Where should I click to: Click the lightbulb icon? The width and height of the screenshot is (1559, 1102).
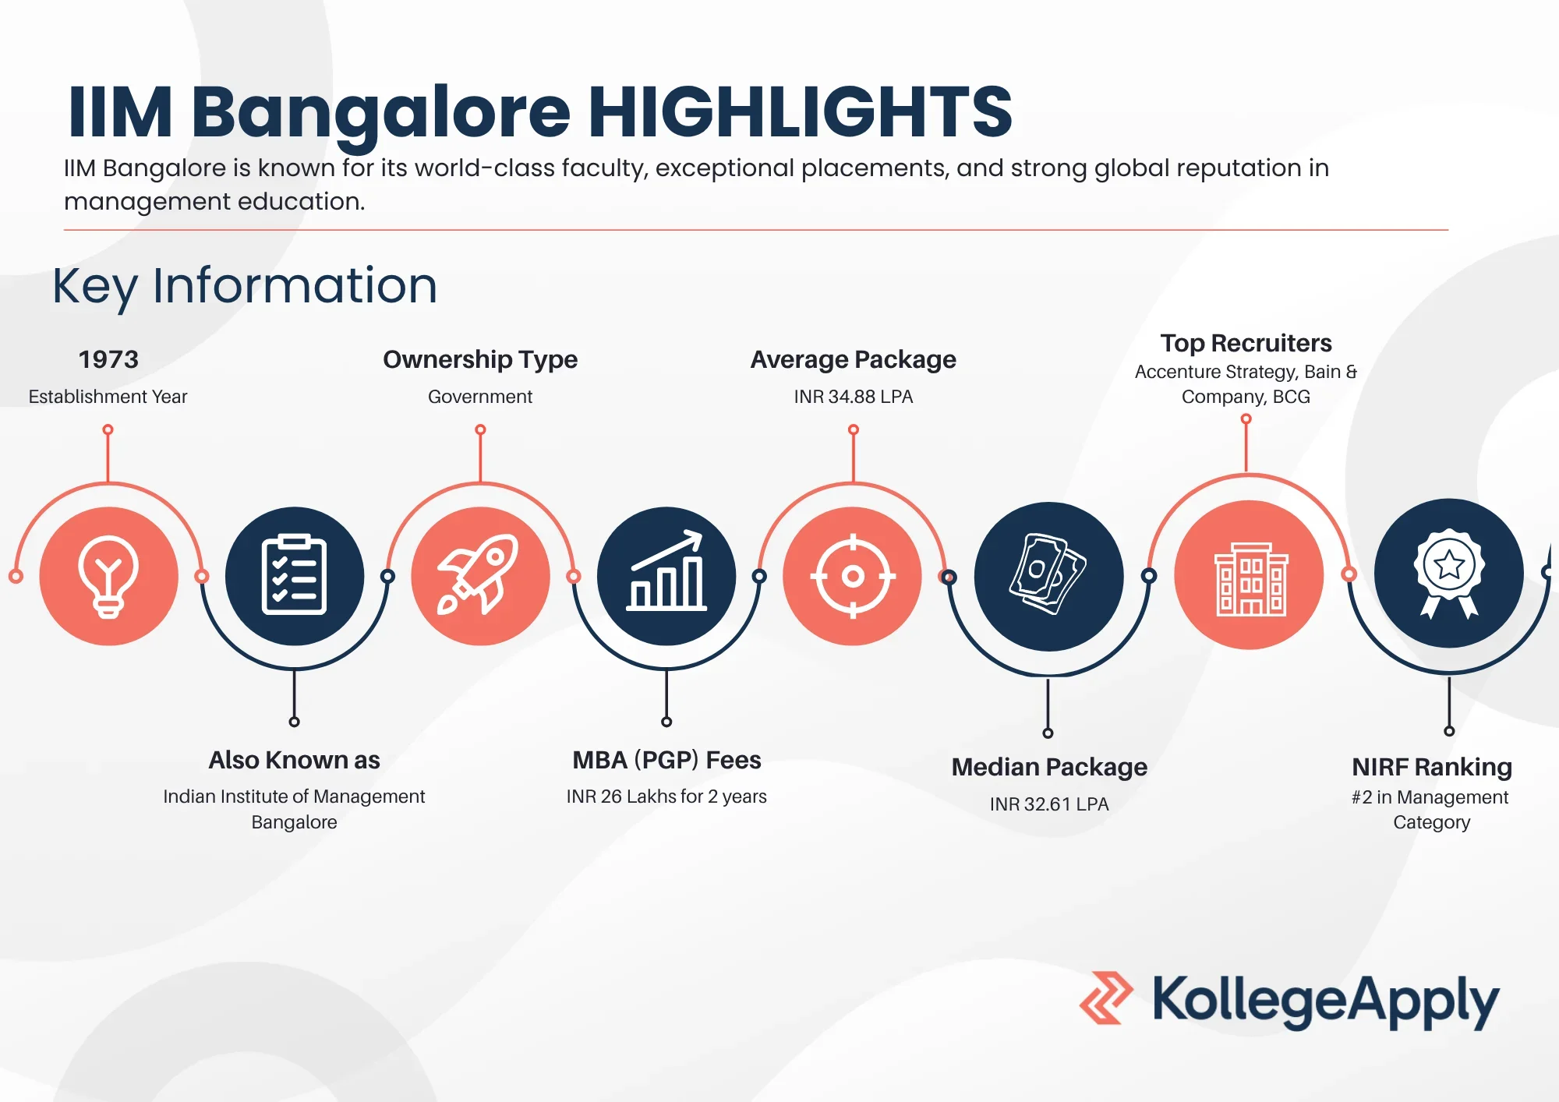pyautogui.click(x=108, y=576)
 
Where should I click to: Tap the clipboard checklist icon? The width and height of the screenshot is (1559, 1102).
pyautogui.click(x=294, y=575)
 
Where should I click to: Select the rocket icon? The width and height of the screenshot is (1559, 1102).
pyautogui.click(x=479, y=575)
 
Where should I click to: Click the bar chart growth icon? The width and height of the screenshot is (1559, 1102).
pyautogui.click(x=666, y=575)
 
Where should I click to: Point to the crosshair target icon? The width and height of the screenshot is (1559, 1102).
pyautogui.click(x=853, y=576)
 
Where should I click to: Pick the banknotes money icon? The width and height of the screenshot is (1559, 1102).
pyautogui.click(x=1048, y=575)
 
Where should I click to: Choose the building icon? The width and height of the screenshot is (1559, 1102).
pyautogui.click(x=1250, y=576)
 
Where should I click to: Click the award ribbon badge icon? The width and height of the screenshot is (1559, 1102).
pyautogui.click(x=1448, y=573)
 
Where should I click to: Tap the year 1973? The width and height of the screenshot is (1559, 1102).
pyautogui.click(x=108, y=359)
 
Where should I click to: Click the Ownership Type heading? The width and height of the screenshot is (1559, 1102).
pyautogui.click(x=480, y=359)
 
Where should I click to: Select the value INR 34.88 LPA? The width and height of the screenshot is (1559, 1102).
pyautogui.click(x=853, y=397)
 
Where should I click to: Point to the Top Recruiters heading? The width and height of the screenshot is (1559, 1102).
pyautogui.click(x=1246, y=343)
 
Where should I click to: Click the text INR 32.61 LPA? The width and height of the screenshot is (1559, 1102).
pyautogui.click(x=1048, y=804)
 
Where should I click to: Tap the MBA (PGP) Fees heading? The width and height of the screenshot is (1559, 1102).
pyautogui.click(x=666, y=760)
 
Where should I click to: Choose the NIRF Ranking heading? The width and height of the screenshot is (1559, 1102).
pyautogui.click(x=1432, y=767)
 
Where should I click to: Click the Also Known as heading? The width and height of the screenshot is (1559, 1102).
pyautogui.click(x=294, y=760)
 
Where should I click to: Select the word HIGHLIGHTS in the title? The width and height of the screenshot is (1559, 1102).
pyautogui.click(x=800, y=112)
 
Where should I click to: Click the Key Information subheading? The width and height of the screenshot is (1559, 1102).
pyautogui.click(x=245, y=286)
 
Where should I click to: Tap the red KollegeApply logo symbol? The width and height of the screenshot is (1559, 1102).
pyautogui.click(x=1105, y=998)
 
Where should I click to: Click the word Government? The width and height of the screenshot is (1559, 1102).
pyautogui.click(x=480, y=397)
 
